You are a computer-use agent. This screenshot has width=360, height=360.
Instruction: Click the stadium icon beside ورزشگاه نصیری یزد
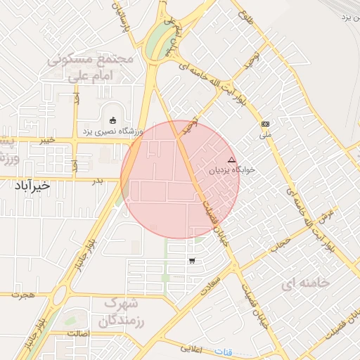(113, 120)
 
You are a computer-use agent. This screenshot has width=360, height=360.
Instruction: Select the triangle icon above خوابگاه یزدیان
(231, 160)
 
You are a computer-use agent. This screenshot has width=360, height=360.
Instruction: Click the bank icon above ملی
(265, 123)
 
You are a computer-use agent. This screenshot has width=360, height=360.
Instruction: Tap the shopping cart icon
(192, 261)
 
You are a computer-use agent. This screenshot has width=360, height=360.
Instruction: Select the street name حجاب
(281, 243)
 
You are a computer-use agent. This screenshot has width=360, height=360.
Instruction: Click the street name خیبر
(47, 140)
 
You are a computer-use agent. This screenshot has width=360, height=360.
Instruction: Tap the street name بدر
(98, 181)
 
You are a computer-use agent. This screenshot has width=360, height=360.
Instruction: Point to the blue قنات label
(223, 351)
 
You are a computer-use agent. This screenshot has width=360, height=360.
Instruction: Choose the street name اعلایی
(191, 348)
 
